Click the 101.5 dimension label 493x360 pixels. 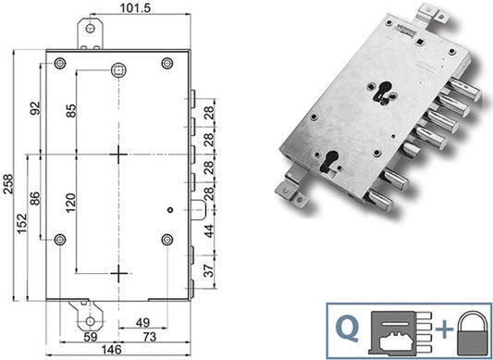136,8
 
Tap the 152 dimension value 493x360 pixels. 22,224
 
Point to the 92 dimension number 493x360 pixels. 35,108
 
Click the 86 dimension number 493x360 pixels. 35,198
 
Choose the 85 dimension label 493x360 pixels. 71,111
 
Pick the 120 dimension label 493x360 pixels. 71,203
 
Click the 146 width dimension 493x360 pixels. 112,350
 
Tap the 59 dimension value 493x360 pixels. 91,337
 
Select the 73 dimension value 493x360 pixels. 150,337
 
